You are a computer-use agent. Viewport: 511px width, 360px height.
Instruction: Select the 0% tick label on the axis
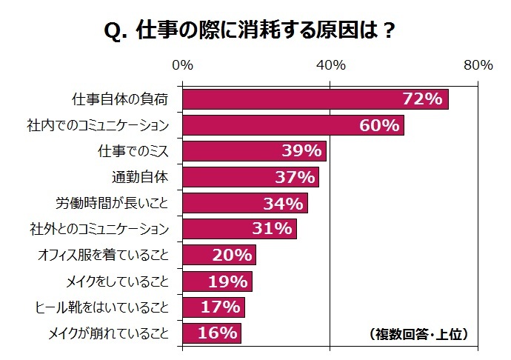click(182, 65)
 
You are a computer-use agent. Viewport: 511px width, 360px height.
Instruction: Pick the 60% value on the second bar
click(379, 126)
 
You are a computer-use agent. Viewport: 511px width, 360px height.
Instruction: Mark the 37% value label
click(294, 178)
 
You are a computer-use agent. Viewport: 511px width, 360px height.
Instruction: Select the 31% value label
click(272, 229)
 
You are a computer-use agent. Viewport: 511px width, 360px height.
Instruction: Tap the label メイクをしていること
click(118, 281)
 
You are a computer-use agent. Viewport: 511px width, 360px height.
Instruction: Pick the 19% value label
click(227, 281)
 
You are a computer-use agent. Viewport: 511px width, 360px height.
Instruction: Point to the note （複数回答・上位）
click(418, 334)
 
